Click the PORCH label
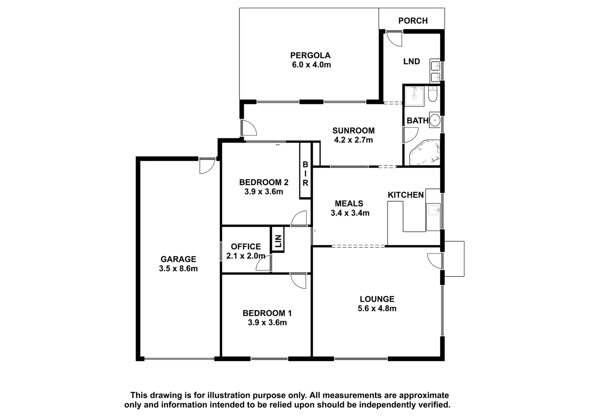pos(413,21)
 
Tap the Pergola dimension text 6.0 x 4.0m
pos(311,65)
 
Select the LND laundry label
pos(412,62)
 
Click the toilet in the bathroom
pos(432,94)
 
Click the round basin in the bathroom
pos(435,120)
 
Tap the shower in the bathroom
pos(414,96)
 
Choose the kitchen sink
pos(434,210)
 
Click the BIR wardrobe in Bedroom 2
pos(305,171)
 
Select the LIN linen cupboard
pos(278,240)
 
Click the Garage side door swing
pos(207,166)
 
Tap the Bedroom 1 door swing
pos(299,281)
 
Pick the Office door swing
pos(264,262)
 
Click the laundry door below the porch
pos(393,39)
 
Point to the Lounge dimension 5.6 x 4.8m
pos(377,309)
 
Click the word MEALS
pos(349,203)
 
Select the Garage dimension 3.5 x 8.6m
pos(178,269)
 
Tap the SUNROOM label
pos(353,130)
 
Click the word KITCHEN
pos(406,195)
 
